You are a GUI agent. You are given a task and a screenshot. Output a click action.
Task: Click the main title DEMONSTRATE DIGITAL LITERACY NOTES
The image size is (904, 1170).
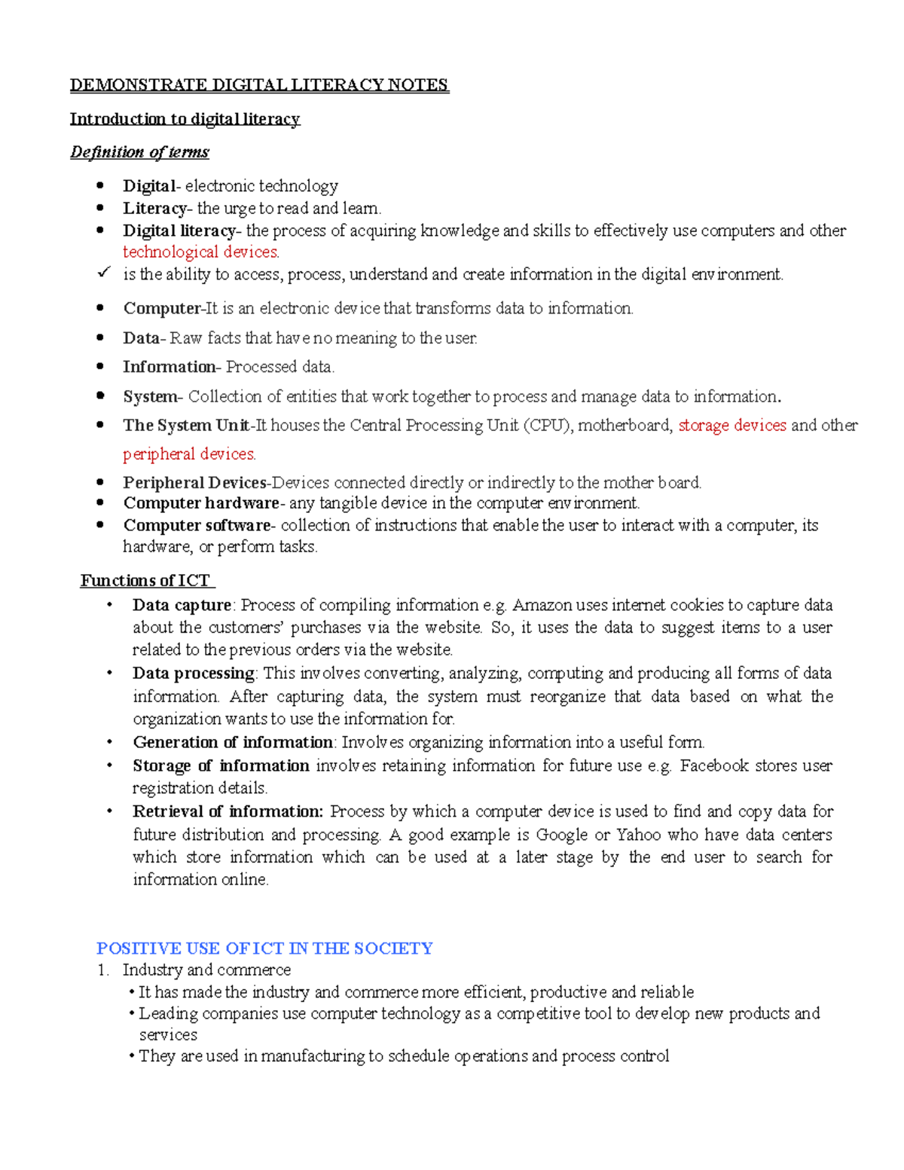pos(259,85)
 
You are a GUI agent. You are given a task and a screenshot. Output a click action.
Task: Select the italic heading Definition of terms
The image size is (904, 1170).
pos(139,152)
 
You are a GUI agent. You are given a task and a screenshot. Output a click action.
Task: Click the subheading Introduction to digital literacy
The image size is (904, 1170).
pos(185,119)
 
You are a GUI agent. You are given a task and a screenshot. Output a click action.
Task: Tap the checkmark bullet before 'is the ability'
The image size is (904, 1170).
pos(104,272)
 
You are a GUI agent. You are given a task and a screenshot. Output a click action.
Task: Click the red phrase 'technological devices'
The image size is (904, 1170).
pos(200,252)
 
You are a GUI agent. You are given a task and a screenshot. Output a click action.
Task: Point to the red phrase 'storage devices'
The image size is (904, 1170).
pos(731,426)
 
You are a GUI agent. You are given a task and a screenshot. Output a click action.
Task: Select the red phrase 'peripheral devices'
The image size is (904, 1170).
pos(189,454)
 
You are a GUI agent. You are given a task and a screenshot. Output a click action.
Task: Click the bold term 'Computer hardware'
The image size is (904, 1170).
pos(201,503)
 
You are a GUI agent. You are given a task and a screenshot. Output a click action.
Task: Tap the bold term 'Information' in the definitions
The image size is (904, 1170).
pos(169,367)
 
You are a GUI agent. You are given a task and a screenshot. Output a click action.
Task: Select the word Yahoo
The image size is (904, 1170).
pos(638,835)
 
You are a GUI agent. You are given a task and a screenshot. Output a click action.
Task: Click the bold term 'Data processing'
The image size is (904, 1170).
pos(194,674)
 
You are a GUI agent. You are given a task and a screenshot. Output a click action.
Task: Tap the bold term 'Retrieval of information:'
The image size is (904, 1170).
pos(228,812)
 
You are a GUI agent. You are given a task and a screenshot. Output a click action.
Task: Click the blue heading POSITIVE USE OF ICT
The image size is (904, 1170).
pos(264,949)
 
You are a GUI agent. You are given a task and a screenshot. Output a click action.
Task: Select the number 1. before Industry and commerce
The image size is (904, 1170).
pos(103,970)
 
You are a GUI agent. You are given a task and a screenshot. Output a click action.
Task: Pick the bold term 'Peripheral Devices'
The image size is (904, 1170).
pos(194,483)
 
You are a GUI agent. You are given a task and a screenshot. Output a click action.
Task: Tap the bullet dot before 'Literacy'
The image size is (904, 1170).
pos(100,208)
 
